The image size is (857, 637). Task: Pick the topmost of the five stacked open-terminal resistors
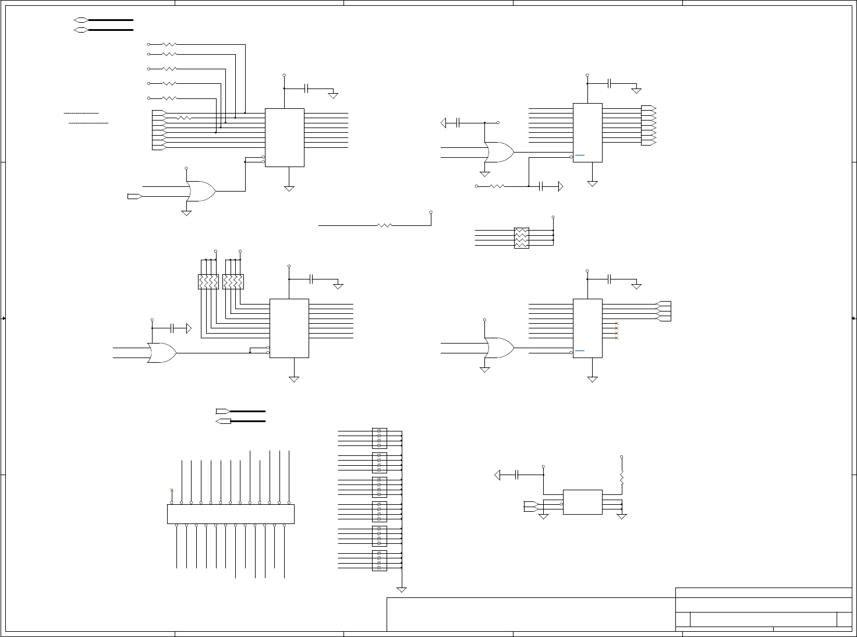[x=169, y=44]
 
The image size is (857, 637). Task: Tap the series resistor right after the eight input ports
[x=184, y=118]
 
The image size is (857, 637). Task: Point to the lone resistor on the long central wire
[x=385, y=225]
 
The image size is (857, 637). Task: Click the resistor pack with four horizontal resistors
[x=522, y=238]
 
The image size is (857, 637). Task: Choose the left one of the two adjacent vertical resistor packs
[x=208, y=282]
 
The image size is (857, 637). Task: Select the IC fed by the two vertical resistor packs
[x=289, y=328]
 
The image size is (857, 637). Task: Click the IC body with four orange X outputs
[x=587, y=328]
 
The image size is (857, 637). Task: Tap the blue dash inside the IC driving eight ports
[x=580, y=155]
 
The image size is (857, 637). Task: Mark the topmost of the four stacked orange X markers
[x=617, y=323]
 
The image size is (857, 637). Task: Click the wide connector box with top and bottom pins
[x=231, y=514]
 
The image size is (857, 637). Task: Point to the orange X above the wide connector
[x=171, y=490]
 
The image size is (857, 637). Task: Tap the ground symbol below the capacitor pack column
[x=401, y=589]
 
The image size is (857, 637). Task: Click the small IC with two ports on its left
[x=582, y=502]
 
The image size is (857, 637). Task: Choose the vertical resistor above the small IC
[x=621, y=477]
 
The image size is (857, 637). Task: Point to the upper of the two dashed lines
[x=81, y=113]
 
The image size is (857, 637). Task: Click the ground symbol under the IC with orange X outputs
[x=592, y=379]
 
